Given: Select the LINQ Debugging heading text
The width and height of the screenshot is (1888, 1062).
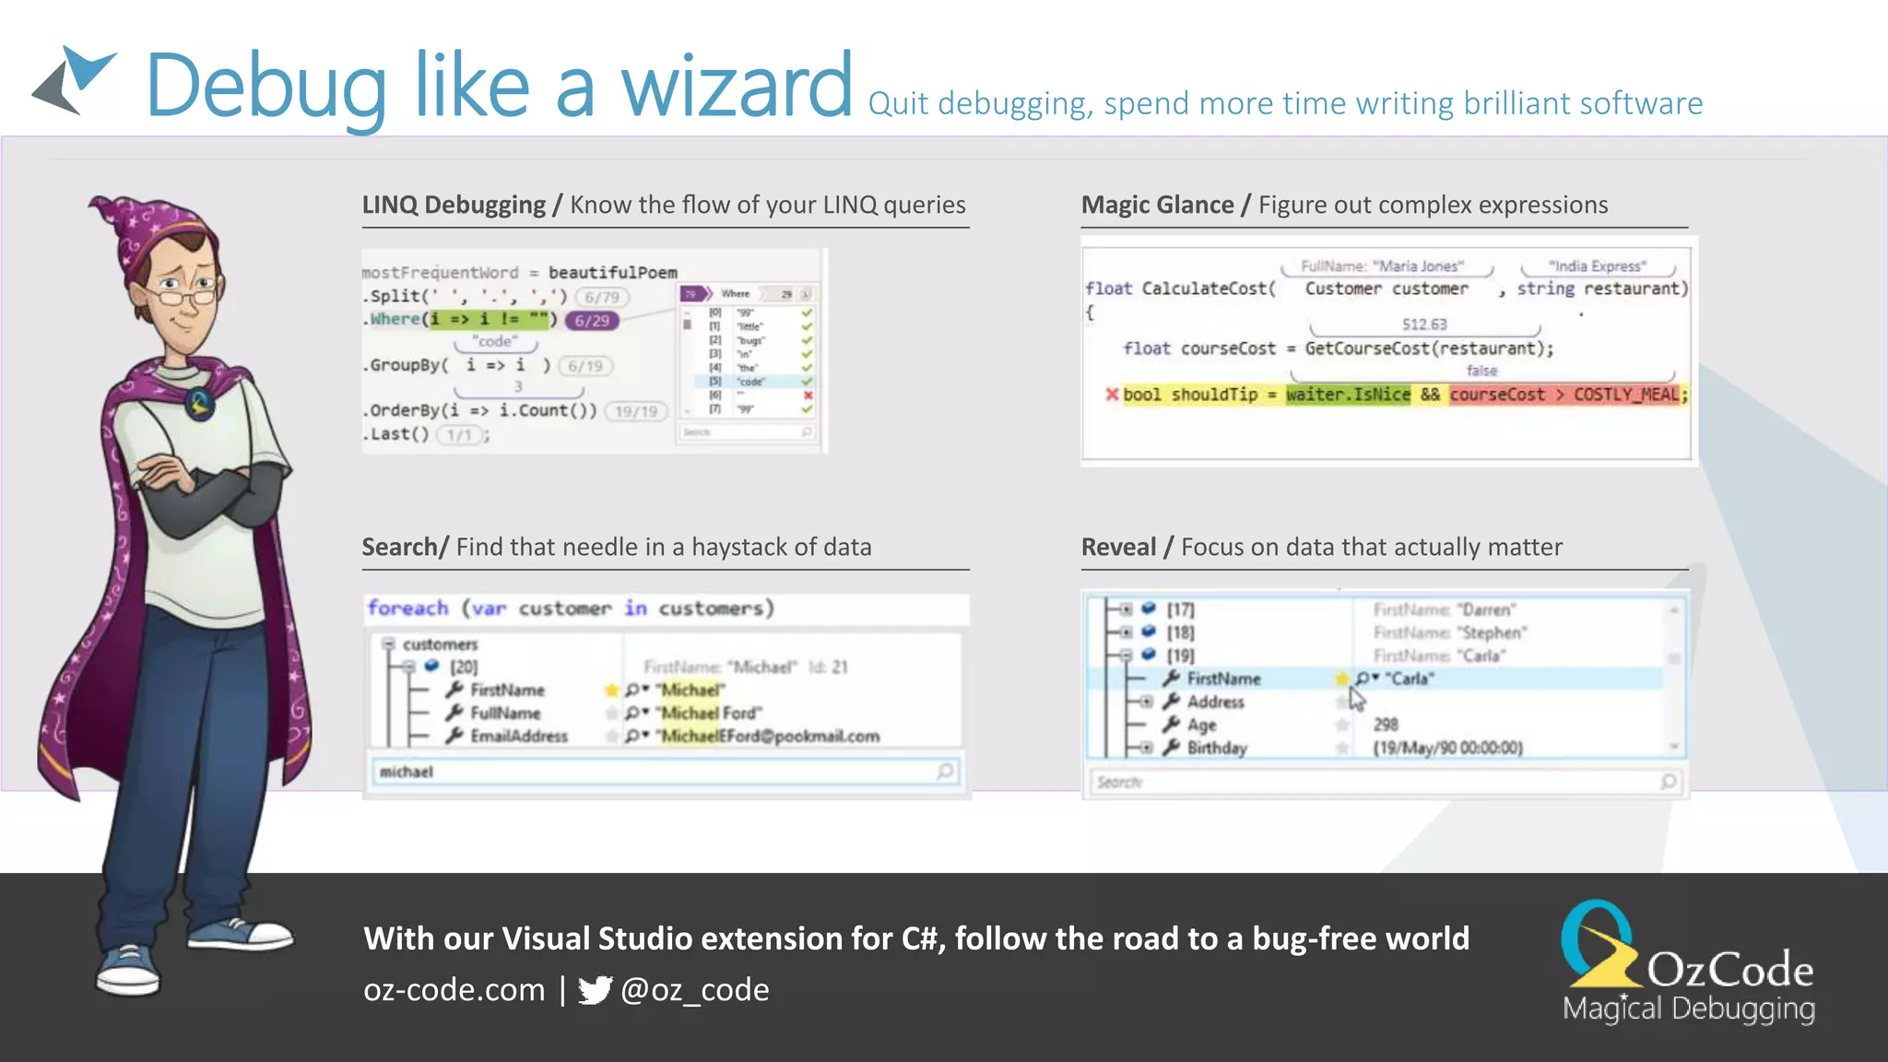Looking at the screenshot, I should [454, 205].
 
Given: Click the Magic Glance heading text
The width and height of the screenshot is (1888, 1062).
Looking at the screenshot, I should [1157, 205].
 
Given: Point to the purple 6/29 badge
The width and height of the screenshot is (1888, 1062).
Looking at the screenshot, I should [592, 321].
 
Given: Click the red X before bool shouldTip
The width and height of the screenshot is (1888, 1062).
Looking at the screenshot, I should [1112, 395].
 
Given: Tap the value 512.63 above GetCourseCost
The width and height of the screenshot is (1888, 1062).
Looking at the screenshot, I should [1424, 324].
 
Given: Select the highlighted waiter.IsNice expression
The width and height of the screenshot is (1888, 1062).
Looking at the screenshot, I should [1348, 395].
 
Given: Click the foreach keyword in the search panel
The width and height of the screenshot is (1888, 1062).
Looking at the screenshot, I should [407, 608].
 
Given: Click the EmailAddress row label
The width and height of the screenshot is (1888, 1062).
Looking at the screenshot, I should [519, 737].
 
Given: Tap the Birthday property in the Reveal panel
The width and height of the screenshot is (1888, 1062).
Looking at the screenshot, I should [1217, 748].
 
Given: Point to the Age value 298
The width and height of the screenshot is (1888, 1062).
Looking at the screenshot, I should [1386, 725].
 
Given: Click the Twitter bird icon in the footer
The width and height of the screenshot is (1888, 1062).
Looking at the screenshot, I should [595, 990].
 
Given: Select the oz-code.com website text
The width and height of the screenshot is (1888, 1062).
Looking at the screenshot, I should [454, 990].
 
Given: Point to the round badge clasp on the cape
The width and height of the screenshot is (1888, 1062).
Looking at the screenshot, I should [200, 403].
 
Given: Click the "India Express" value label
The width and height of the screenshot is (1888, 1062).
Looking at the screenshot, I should [1597, 266].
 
